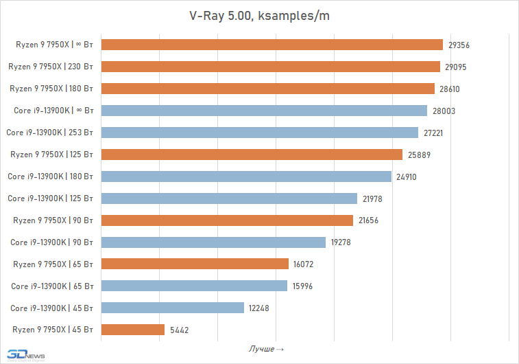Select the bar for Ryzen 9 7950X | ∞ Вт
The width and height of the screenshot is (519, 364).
coord(271,45)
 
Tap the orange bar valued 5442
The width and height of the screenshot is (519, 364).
coord(132,330)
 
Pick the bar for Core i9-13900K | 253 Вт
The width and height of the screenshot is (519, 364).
coord(259,133)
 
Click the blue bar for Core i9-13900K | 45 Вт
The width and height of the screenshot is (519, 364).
coord(172,308)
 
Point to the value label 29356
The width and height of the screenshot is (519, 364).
coord(459,45)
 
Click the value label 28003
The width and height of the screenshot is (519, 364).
coord(444,111)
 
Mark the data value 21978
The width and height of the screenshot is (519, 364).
coord(372,198)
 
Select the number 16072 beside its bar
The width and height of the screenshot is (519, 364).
coord(303,264)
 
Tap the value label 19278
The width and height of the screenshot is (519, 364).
coord(341,242)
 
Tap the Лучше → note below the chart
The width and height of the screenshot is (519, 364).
coord(266,350)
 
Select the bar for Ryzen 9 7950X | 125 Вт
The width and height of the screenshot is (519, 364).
coord(252,155)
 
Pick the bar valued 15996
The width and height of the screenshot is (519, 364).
coord(194,286)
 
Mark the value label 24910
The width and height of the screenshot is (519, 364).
coord(405,177)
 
